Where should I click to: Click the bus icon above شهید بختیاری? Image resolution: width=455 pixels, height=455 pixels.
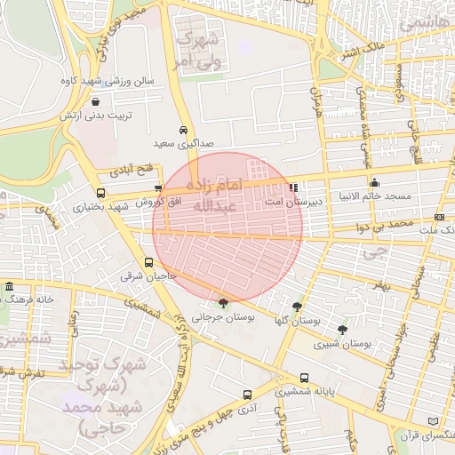[x=100, y=192]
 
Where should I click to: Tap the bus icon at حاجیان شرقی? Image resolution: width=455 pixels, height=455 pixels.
[x=148, y=262]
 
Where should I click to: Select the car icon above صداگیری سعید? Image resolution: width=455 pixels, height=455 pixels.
[x=183, y=129]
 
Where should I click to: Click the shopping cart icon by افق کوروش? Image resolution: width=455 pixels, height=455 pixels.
[x=158, y=188]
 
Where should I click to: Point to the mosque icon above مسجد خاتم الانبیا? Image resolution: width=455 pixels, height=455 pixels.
[x=373, y=182]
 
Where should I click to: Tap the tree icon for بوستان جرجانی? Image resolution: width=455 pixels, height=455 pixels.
[x=222, y=303]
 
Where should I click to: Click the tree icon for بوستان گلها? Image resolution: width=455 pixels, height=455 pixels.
[x=307, y=305]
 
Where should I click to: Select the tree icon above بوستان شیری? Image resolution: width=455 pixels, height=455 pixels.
[x=342, y=329]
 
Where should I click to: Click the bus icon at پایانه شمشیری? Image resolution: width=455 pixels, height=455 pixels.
[x=305, y=377]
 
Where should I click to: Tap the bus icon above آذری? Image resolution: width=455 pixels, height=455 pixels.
[x=247, y=395]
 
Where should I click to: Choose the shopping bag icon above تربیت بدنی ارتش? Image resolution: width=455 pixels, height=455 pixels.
[x=94, y=100]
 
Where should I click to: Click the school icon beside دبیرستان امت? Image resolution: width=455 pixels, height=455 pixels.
[x=293, y=188]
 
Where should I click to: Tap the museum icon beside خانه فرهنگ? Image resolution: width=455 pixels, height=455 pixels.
[x=9, y=286]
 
